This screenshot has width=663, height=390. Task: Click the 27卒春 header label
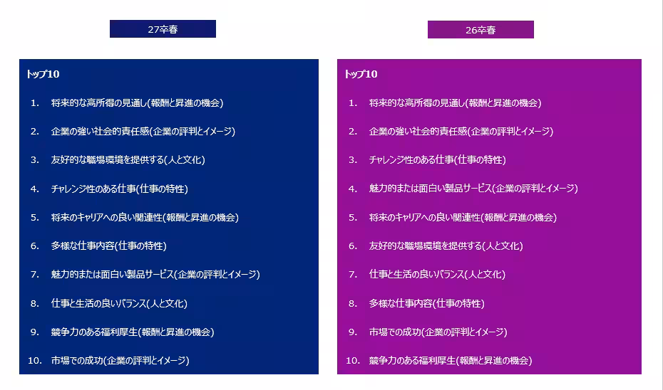pos(163,29)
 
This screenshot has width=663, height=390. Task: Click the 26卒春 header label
pos(480,30)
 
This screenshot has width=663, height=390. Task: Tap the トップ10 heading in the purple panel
pos(361,74)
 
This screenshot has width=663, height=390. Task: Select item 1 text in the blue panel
pos(137,102)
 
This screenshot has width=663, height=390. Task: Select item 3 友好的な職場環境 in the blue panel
pos(128,160)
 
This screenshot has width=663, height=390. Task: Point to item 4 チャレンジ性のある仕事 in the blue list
pos(119,189)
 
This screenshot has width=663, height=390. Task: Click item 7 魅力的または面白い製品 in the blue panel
pos(155,274)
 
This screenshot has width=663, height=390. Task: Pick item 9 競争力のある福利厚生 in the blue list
pos(132,332)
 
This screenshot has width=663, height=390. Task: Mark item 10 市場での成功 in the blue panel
pos(120,360)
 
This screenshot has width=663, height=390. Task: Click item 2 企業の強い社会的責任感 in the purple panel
pos(461,131)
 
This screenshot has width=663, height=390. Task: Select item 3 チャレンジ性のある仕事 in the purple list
pos(437,160)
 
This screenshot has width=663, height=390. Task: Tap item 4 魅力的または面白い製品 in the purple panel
pos(473,189)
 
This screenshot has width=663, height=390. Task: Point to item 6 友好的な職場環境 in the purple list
pos(446,246)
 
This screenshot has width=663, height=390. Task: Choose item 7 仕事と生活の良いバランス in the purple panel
pos(437,274)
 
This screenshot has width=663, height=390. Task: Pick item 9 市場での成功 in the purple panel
pos(438,332)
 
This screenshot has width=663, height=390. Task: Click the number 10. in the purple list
pos(353,360)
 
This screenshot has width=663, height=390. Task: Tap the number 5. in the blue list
pos(34,217)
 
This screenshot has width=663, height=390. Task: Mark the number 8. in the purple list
pos(352,303)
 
